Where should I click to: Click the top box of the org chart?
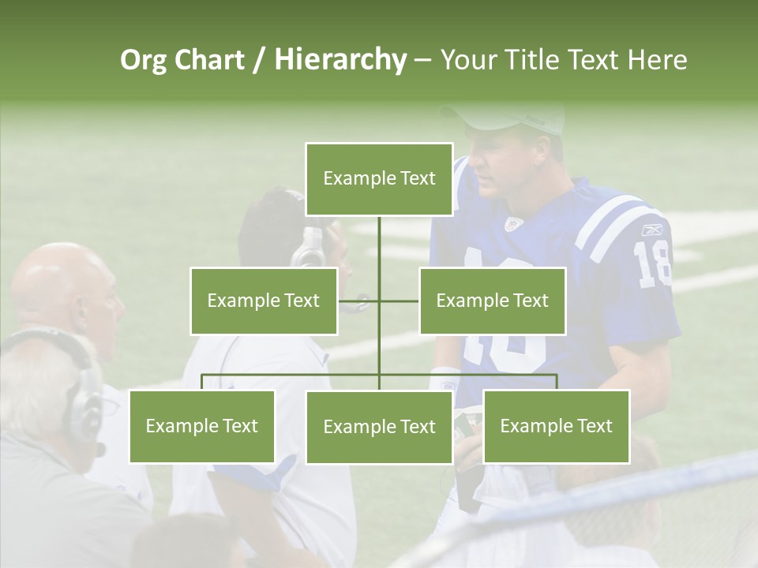tap(379, 179)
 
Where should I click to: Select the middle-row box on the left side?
tap(264, 301)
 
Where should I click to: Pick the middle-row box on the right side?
tap(492, 301)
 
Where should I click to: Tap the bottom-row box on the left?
tap(201, 426)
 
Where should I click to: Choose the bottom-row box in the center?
tap(379, 427)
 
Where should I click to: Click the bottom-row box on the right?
tap(556, 426)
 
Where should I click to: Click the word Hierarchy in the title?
tap(340, 60)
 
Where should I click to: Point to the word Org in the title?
tap(143, 60)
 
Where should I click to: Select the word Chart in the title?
tap(208, 60)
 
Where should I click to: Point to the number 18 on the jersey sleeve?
tap(652, 264)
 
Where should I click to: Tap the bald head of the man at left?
tap(59, 276)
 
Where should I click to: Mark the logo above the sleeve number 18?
tap(652, 230)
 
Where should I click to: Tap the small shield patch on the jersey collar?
tap(514, 224)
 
